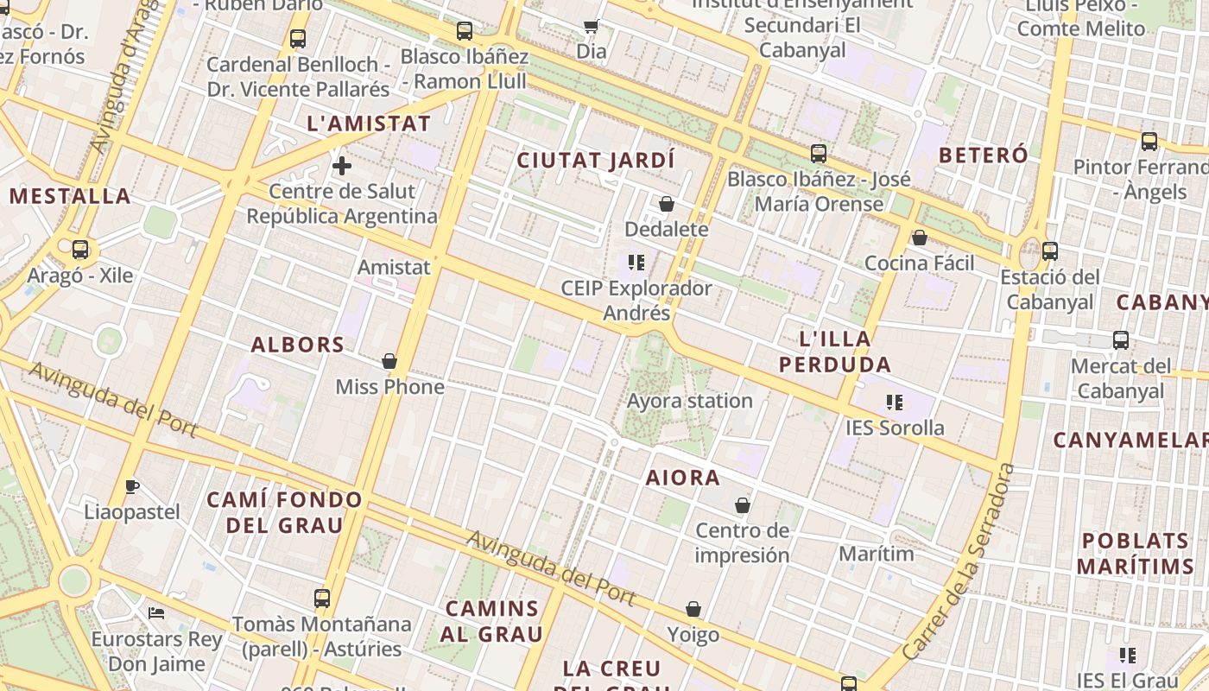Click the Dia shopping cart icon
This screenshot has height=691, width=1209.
(x=592, y=26)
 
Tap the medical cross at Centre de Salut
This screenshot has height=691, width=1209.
(x=342, y=165)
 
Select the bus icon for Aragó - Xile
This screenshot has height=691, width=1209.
(x=80, y=250)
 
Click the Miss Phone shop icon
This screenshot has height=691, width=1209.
(x=389, y=361)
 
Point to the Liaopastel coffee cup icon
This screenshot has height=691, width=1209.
(x=132, y=487)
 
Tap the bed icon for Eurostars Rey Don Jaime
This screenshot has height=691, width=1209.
(x=156, y=613)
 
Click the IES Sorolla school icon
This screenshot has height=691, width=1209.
(x=894, y=403)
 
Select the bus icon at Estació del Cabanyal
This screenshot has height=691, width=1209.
(x=1050, y=251)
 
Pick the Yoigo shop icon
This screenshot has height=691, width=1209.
(x=693, y=610)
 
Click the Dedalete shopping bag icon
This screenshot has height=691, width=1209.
(x=667, y=204)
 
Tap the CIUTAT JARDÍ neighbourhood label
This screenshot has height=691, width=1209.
(x=596, y=161)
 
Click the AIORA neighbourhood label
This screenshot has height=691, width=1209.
(x=683, y=478)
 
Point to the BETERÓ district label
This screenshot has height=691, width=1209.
(x=983, y=155)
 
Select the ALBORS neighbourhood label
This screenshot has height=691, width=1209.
(x=298, y=345)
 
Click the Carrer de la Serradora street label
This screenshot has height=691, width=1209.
(x=959, y=561)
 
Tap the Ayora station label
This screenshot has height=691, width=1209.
(x=690, y=401)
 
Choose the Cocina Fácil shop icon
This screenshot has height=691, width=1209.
(x=920, y=238)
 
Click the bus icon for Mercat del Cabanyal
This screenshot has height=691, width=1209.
(x=1121, y=340)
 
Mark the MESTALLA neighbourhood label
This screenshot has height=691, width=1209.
(x=70, y=196)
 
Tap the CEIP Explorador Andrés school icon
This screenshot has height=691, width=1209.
(x=637, y=263)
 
